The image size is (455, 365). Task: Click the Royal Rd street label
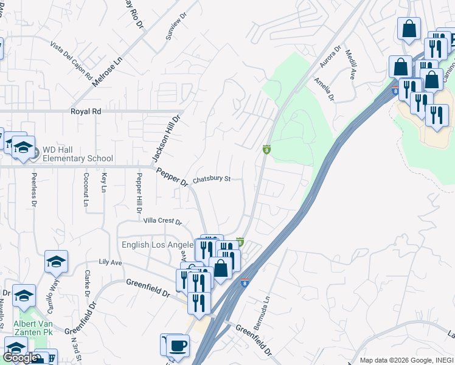[x=86, y=112]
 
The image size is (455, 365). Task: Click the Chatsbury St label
[x=212, y=179]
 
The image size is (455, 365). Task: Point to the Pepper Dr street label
[x=172, y=178]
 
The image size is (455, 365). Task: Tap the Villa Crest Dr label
[x=162, y=221]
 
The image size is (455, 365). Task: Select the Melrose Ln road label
[x=107, y=71]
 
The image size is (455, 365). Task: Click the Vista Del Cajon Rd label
[x=71, y=61]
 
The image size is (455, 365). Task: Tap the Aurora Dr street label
[x=335, y=57]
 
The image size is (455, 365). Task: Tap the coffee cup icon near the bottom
[x=178, y=346]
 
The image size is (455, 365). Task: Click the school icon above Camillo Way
[x=56, y=262]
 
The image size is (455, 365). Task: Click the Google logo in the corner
[x=19, y=358]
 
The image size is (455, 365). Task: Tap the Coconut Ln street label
[x=86, y=192]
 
